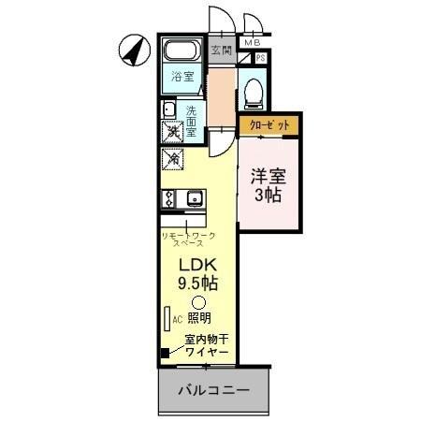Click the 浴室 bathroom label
pyautogui.click(x=183, y=79)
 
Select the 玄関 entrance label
pyautogui.click(x=221, y=50)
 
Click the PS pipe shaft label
pyautogui.click(x=260, y=58)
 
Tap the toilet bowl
pyautogui.click(x=251, y=91)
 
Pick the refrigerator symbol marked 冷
pyautogui.click(x=173, y=159)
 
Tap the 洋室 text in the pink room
pyautogui.click(x=269, y=175)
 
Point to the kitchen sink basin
pyautogui.click(x=194, y=197)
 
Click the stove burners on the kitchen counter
pyautogui.click(x=169, y=197)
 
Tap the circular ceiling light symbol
pyautogui.click(x=197, y=301)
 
